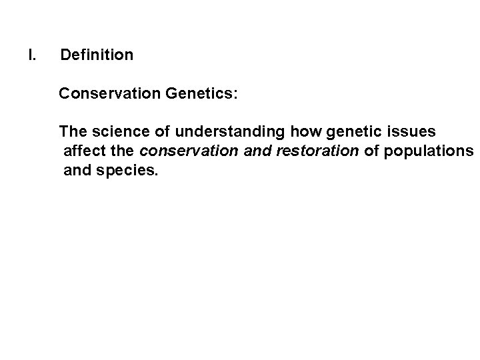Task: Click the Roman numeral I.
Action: (x=31, y=55)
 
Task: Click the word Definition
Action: (x=97, y=55)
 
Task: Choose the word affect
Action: (x=83, y=151)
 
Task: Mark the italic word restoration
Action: (x=315, y=151)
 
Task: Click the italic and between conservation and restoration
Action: (x=255, y=151)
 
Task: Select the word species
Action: (x=129, y=171)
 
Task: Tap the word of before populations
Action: (x=371, y=151)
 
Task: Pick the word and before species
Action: (x=77, y=171)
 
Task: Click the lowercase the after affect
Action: (x=122, y=151)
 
